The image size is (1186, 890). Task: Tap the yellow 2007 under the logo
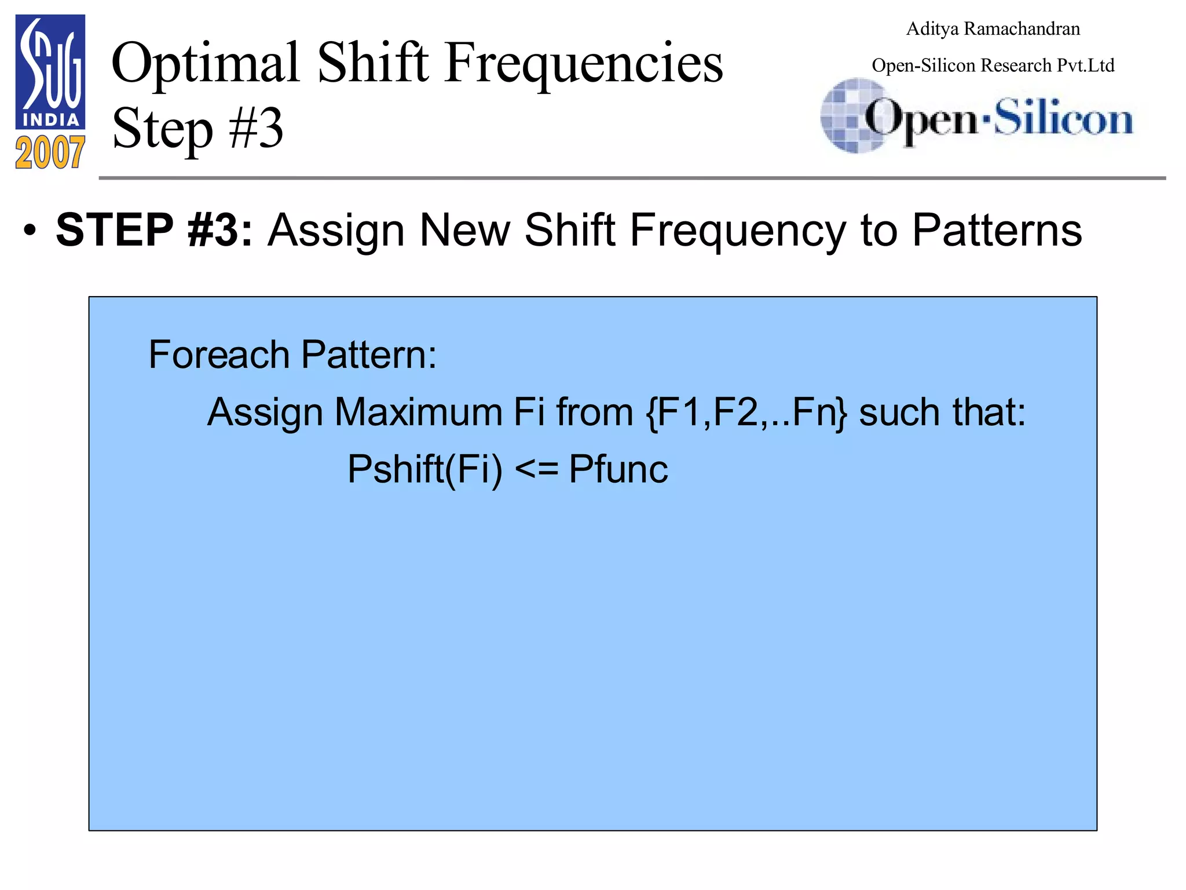click(x=50, y=153)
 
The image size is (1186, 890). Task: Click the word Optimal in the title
click(x=206, y=63)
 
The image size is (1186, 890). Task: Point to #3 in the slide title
click(x=255, y=128)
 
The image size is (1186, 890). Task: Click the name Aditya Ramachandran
click(x=993, y=29)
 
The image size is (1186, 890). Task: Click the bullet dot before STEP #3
click(x=30, y=231)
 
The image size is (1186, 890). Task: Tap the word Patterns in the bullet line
click(x=997, y=230)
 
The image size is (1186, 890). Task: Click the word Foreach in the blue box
click(x=219, y=355)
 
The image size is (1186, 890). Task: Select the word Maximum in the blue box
click(x=418, y=412)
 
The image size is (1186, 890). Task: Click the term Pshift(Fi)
click(x=425, y=469)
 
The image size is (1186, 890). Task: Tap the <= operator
click(x=536, y=470)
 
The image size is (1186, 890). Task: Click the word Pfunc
click(x=618, y=469)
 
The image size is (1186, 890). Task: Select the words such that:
click(x=942, y=412)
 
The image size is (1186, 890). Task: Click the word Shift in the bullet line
click(x=569, y=230)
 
